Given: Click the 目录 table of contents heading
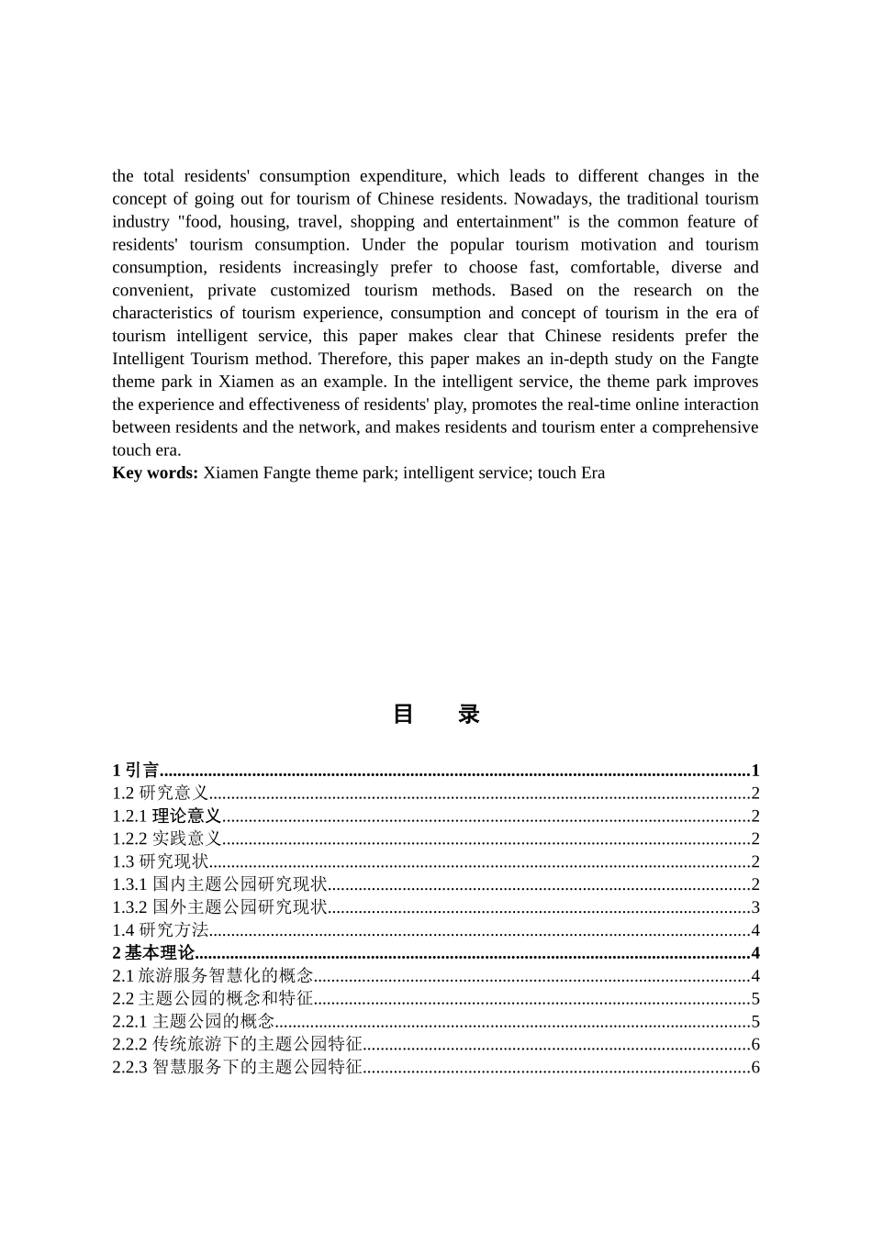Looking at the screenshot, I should coord(436,715).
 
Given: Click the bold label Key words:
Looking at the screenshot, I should coord(155,473).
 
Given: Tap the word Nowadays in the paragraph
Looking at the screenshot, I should coord(551,199).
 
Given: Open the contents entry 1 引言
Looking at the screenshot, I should coord(136,771).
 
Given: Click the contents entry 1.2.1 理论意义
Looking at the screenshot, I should coord(167,816).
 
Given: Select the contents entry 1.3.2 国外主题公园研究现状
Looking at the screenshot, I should coord(220,907).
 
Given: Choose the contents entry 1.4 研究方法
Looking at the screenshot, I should coord(161,930).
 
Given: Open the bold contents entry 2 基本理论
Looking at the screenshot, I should coord(153,953).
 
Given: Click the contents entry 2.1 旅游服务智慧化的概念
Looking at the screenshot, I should coord(213,976).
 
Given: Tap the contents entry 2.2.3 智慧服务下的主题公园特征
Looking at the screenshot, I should coord(238,1067).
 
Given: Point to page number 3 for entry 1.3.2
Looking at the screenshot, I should coord(755,907).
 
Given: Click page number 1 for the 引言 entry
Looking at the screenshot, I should coord(755,771).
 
